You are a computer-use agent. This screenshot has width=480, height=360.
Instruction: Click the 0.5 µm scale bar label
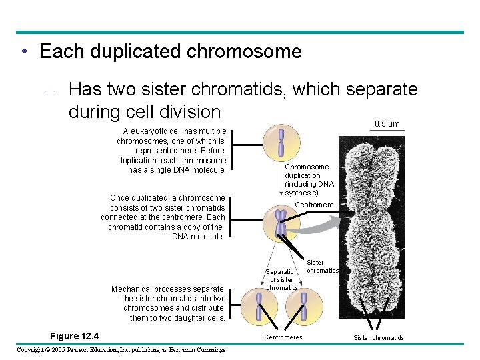pos(387,124)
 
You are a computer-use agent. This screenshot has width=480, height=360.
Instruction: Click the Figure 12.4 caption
pos(74,335)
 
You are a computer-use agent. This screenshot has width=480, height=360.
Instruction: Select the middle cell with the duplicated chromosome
pos(281,223)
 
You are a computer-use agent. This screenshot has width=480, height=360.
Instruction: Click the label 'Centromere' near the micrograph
pos(313,205)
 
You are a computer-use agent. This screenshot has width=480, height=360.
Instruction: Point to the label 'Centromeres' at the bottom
pos(283,337)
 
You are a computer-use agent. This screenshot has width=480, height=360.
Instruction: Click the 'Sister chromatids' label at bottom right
pos(379,338)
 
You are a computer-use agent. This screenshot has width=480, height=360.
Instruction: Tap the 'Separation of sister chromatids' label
pos(281,280)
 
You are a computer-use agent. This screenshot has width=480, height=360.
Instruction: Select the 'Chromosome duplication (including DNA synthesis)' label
pos(309,180)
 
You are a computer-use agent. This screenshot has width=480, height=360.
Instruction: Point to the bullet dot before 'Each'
pos(23,52)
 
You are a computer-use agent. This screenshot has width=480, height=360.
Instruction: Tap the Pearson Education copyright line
pos(121,350)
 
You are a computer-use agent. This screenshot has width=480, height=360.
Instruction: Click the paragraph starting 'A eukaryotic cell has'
pos(172,151)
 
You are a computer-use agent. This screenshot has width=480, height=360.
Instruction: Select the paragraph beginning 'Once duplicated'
pos(163,217)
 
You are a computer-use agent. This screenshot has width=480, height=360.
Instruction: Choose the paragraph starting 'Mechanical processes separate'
pos(168,303)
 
